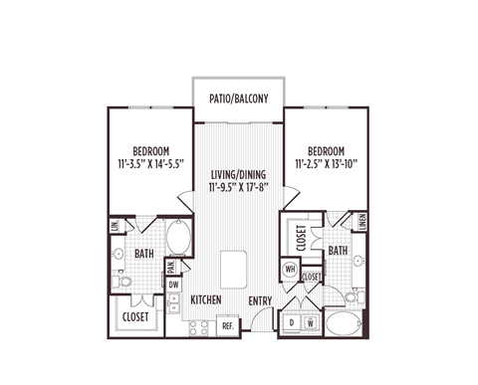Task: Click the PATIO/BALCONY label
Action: click(239, 98)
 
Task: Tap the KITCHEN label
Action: click(205, 300)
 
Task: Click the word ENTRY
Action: click(261, 300)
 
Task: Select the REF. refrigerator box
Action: click(227, 324)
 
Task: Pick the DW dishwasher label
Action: click(173, 284)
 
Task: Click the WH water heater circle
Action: click(292, 269)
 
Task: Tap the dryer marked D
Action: click(292, 322)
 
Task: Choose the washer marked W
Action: click(311, 322)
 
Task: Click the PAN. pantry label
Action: click(171, 266)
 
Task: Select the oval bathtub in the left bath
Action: click(179, 238)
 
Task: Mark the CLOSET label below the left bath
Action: click(135, 317)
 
